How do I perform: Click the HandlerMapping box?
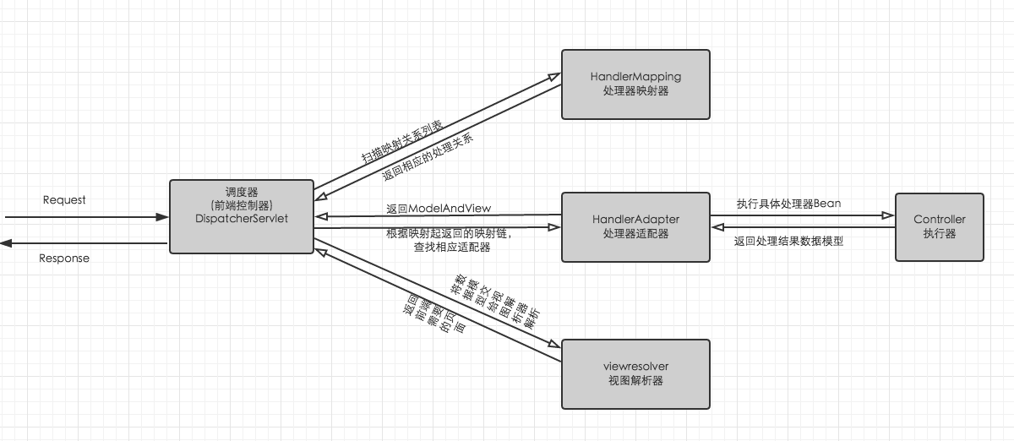(x=635, y=84)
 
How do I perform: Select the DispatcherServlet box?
(x=242, y=216)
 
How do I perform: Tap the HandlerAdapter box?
(x=635, y=226)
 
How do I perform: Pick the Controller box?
(x=939, y=226)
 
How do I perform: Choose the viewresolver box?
(x=635, y=374)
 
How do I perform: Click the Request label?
(x=64, y=200)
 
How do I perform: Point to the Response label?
(x=64, y=258)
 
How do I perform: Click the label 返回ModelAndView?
(x=439, y=208)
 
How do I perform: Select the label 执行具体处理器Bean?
(x=788, y=204)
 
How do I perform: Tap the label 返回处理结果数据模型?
(x=788, y=241)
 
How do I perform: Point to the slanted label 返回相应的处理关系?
(x=428, y=156)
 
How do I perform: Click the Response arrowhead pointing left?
(x=6, y=243)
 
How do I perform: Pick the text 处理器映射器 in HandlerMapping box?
(x=635, y=91)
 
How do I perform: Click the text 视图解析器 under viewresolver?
(x=635, y=381)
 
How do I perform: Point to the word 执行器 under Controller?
(x=939, y=234)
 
